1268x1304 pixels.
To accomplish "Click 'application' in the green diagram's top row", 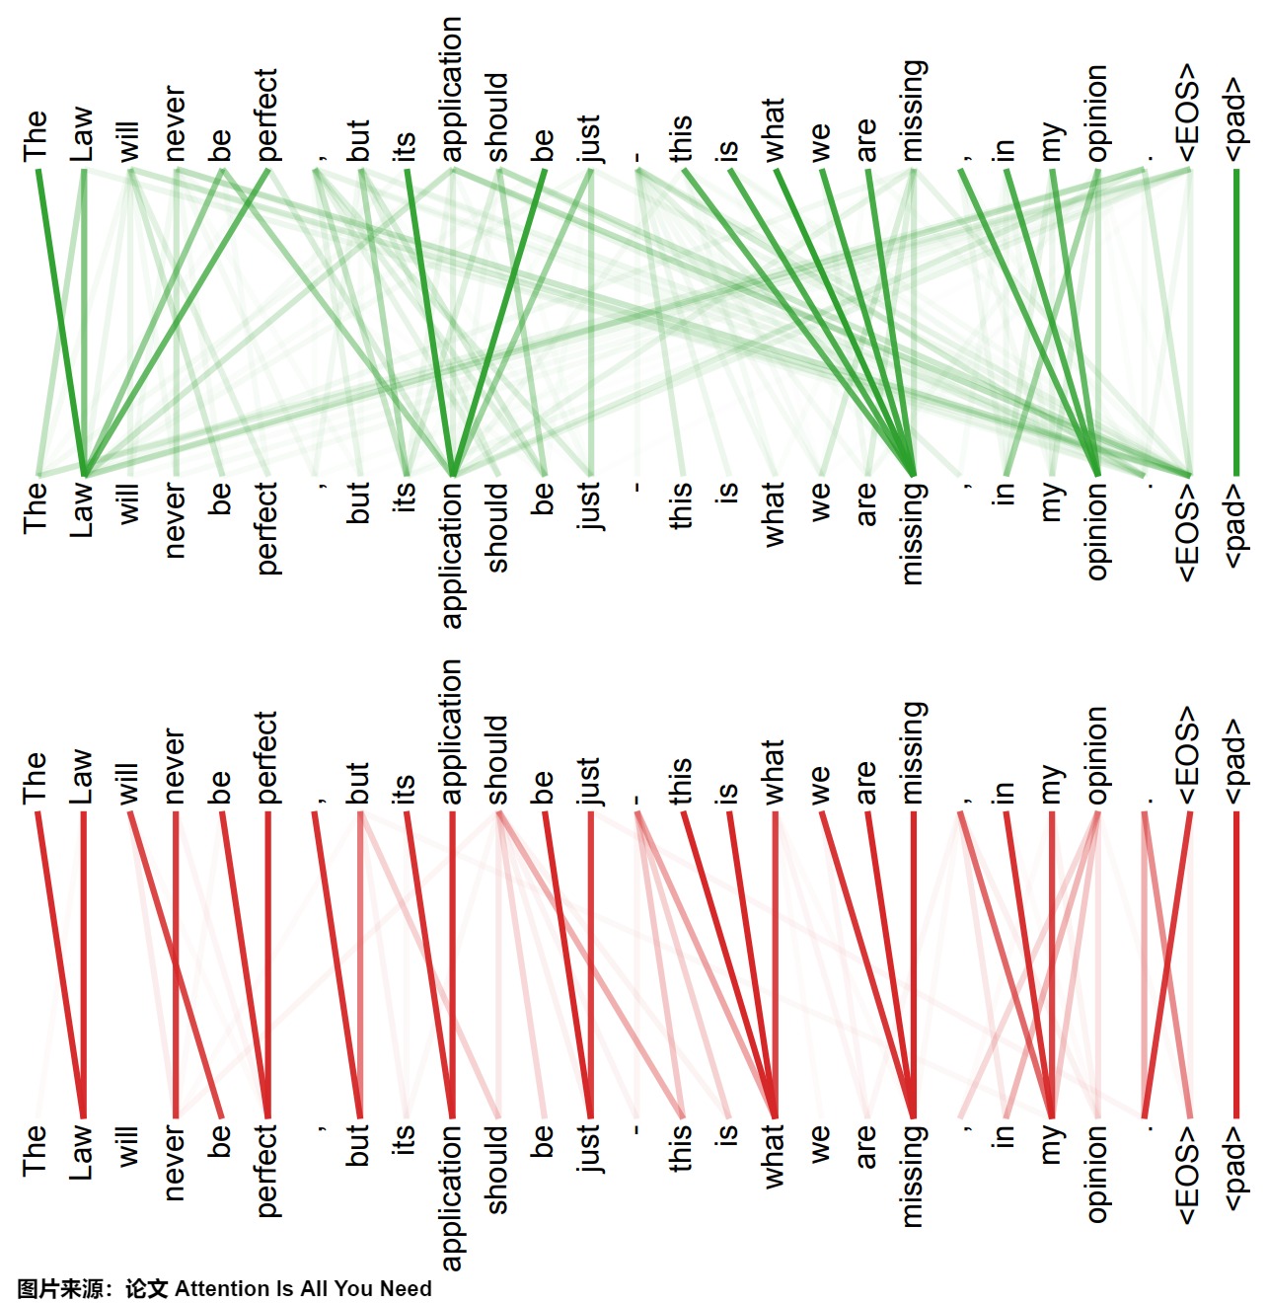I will point(451,90).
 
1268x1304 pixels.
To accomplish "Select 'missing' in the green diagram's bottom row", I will point(913,533).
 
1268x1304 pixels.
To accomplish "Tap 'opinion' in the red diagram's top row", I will point(1097,755).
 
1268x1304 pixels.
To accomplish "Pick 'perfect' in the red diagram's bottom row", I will point(266,1170).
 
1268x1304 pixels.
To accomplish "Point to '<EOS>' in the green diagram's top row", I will point(1188,113).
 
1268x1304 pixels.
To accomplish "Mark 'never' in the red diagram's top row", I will point(175,766).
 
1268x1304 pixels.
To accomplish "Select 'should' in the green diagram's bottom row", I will point(497,528).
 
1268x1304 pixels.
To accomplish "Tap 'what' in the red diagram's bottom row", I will point(775,1155).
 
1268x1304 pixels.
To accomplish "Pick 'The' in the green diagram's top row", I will point(35,135).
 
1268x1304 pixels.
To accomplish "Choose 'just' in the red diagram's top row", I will point(589,781).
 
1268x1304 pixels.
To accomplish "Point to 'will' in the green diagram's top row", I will point(128,141).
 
